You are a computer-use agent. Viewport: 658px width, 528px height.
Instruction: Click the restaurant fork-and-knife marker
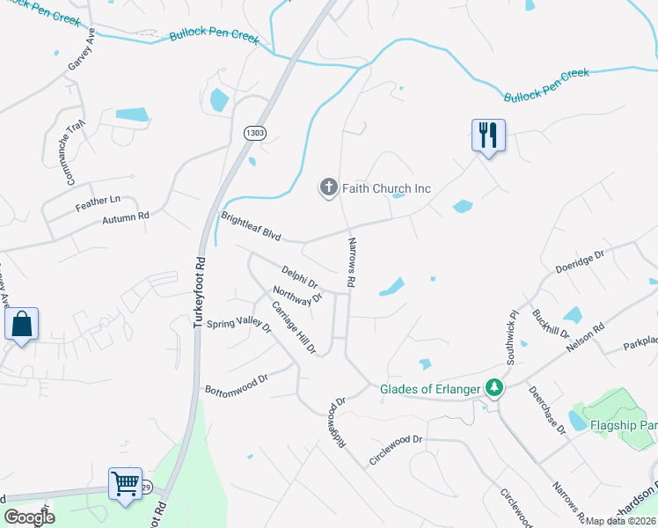click(488, 135)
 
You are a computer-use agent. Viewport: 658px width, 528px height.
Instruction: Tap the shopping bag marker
click(22, 324)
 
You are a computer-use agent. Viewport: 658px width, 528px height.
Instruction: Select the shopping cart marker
click(126, 483)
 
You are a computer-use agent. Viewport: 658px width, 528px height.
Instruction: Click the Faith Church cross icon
click(328, 187)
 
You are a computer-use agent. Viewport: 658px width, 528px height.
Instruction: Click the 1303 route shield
click(255, 132)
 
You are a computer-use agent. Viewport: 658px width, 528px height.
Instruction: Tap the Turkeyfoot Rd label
click(200, 293)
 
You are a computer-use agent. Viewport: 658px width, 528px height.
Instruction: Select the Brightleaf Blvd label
click(251, 227)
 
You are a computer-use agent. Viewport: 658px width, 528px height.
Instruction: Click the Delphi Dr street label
click(300, 278)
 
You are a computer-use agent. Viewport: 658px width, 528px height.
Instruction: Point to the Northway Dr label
click(298, 297)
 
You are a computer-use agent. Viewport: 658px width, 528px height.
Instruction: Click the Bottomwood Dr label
click(235, 385)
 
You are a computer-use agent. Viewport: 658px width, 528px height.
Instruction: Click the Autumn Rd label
click(126, 216)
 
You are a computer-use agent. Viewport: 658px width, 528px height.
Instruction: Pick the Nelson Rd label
click(586, 339)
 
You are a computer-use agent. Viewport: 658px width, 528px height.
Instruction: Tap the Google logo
click(29, 517)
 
